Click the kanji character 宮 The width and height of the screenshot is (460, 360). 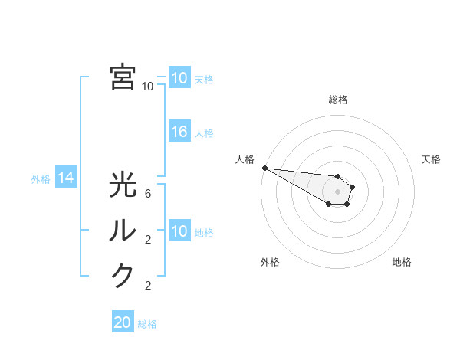coord(123,77)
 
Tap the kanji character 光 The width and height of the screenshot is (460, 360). coord(123,185)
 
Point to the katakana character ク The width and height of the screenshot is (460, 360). coord(123,275)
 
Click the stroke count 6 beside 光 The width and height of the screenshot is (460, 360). coord(148,195)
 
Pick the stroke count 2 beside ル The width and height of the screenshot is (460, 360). coord(148,240)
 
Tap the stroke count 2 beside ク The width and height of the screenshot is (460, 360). coord(148,286)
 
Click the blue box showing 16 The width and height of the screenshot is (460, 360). coord(179,132)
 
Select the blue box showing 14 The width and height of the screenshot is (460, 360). coord(65,178)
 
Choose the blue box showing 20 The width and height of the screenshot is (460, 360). coord(123,322)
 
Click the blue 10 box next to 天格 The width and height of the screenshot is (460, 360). coord(179,78)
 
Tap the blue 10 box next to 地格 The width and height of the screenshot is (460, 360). coord(179,231)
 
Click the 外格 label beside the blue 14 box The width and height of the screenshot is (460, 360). coord(41,179)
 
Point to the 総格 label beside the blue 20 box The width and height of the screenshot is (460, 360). coord(147,324)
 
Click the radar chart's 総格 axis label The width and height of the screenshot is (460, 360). coord(338,100)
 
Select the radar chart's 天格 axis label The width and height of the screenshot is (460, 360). coord(431,159)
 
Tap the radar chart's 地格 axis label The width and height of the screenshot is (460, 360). coord(402,262)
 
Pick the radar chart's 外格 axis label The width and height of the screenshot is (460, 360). coord(270,262)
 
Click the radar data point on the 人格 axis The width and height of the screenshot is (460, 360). coord(264,168)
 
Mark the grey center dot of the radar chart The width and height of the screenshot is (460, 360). coord(337,191)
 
